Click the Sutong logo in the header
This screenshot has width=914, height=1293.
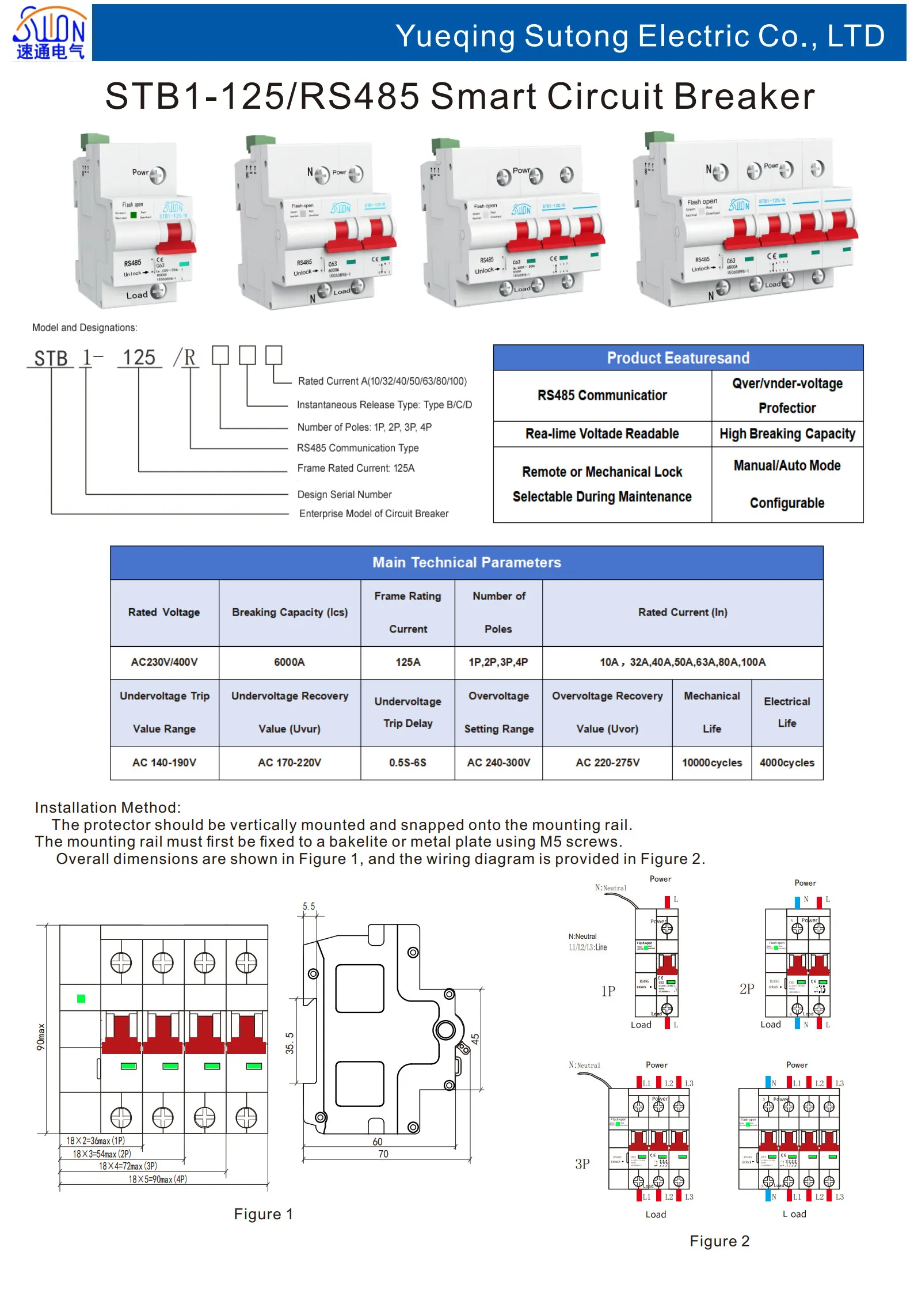pos(49,33)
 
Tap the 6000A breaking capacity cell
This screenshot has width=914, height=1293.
pos(289,662)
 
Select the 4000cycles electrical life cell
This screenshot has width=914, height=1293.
pos(786,763)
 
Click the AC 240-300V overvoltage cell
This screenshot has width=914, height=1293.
pos(498,763)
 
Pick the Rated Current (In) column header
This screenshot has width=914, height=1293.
pos(682,612)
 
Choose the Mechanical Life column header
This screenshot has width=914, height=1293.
pos(711,712)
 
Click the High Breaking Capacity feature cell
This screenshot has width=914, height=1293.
pos(787,434)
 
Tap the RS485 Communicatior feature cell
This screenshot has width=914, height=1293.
pos(601,396)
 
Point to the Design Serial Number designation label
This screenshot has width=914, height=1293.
pos(344,495)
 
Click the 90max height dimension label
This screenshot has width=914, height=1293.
pos(41,1036)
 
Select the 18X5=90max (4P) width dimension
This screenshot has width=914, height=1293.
pos(157,1179)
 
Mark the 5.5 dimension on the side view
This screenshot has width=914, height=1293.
pos(309,907)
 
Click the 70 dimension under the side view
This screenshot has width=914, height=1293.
pos(383,1154)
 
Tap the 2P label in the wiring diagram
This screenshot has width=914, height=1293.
pos(747,989)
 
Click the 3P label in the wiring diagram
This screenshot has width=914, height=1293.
pos(582,1164)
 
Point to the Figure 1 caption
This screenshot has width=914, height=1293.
pos(263,1214)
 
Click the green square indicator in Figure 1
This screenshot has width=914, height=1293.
pos(81,999)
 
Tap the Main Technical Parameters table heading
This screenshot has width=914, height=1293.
pos(466,563)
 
